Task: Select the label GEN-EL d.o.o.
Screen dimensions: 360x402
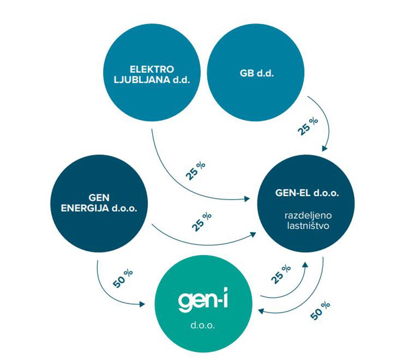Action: tap(307, 193)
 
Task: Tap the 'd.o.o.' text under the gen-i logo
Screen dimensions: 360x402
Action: tap(203, 325)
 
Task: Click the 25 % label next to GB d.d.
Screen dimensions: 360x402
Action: tap(308, 126)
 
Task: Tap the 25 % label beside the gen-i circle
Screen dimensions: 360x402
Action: tap(281, 274)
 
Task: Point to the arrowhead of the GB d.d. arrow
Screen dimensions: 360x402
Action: tap(325, 148)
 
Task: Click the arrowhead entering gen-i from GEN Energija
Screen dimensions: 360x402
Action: tap(142, 304)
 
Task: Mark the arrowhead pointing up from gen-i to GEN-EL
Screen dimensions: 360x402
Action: tap(304, 266)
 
